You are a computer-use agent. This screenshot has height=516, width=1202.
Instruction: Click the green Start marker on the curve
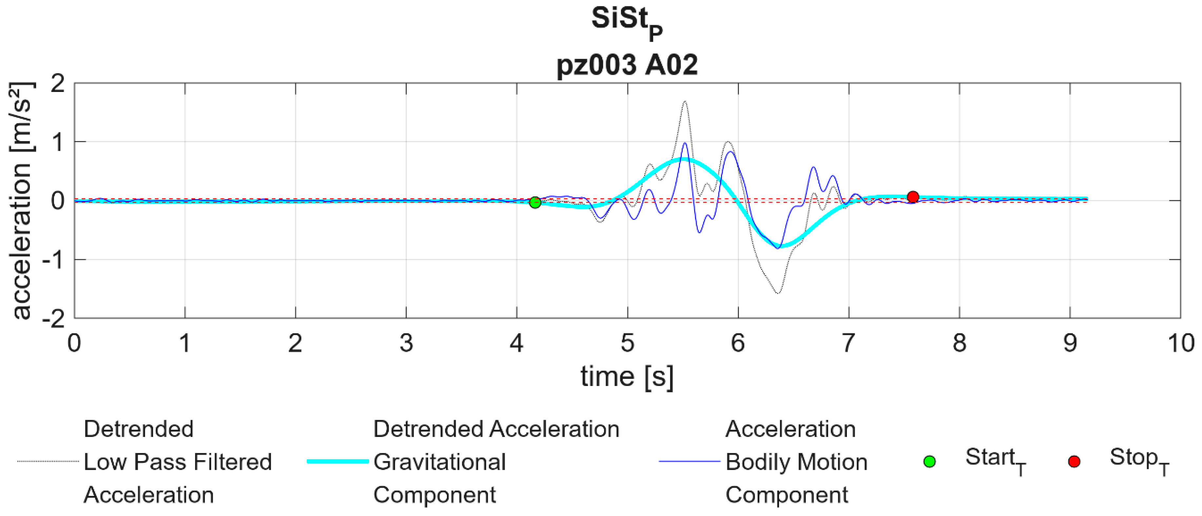tap(535, 203)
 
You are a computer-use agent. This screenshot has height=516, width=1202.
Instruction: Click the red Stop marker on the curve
tap(913, 197)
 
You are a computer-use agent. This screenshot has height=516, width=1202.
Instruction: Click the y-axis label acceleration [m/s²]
tap(21, 201)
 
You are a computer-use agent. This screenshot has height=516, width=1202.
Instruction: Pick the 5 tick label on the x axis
tap(627, 344)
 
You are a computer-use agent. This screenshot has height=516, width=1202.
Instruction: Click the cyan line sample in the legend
tap(338, 462)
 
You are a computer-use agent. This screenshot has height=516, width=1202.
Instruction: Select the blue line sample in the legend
tap(690, 462)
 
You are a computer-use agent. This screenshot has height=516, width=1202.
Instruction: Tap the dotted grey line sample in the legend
tap(48, 462)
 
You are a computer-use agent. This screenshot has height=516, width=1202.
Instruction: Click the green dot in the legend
tap(930, 462)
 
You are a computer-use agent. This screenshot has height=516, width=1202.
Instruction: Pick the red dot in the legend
tap(1074, 462)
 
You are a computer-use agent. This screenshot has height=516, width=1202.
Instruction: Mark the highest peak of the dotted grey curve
tap(685, 101)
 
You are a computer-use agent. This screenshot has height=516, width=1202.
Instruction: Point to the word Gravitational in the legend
tap(440, 462)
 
